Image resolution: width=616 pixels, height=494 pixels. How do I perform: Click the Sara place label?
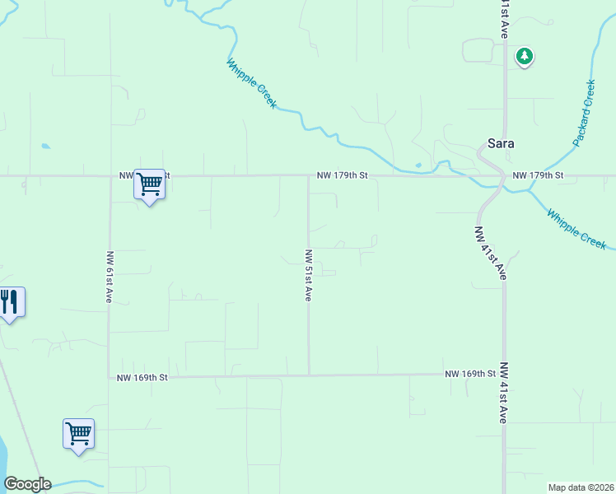(x=501, y=142)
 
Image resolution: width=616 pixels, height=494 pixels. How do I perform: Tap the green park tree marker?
(x=524, y=56)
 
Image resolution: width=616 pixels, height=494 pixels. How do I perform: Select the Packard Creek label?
(x=584, y=113)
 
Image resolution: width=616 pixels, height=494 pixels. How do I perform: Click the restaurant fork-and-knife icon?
(x=10, y=302)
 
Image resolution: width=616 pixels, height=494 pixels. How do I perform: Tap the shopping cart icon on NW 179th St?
(x=149, y=184)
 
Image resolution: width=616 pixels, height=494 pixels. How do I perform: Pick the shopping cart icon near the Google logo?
(x=78, y=433)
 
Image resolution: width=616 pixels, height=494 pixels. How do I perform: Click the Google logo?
(x=27, y=484)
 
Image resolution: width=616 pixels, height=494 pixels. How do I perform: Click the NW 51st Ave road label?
(x=308, y=275)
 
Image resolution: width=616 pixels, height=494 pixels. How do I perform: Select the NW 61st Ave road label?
(x=109, y=277)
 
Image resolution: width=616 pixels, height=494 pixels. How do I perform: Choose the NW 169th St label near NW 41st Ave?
(x=470, y=374)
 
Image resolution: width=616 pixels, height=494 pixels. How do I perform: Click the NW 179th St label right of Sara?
(x=538, y=175)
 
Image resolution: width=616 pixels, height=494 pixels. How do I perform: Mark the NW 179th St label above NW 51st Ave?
(x=343, y=175)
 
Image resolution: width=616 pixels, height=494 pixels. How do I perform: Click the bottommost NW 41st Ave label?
(x=503, y=393)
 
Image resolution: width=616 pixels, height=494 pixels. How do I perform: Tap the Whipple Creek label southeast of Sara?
(x=576, y=229)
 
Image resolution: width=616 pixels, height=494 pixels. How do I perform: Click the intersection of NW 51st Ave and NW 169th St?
(x=310, y=375)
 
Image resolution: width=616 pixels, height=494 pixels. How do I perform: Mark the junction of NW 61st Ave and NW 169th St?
(x=109, y=377)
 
